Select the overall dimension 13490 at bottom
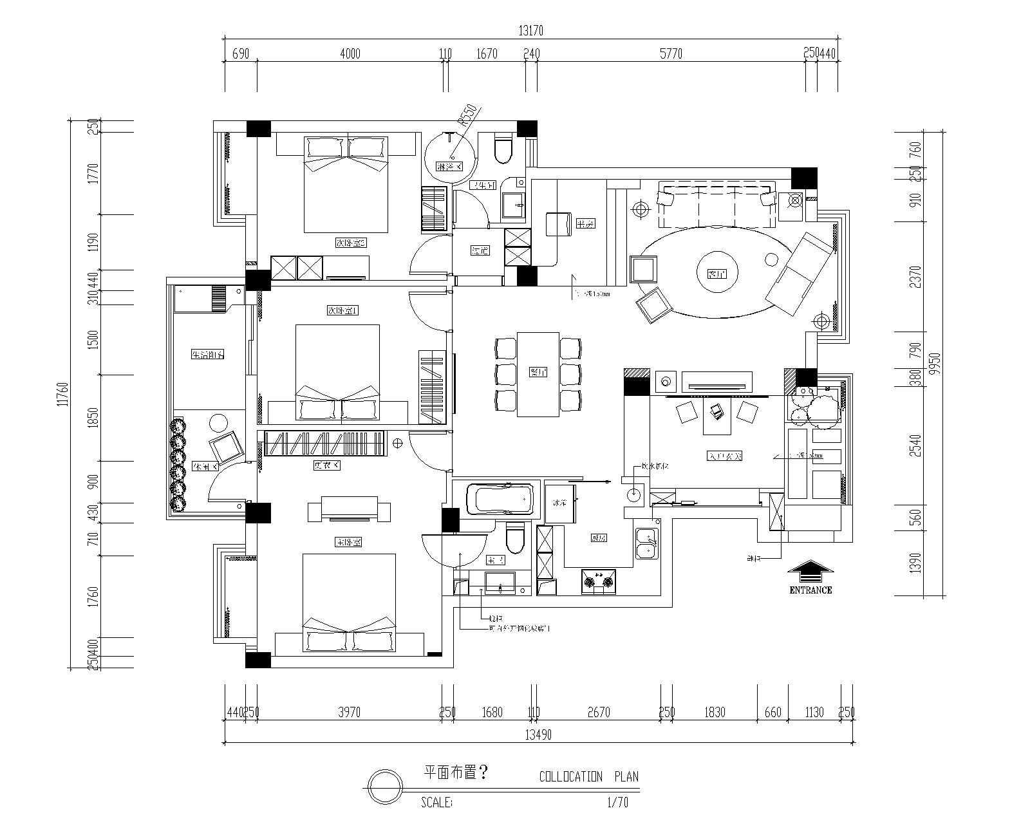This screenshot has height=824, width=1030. point(538,735)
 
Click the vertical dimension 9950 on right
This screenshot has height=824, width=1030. point(935,364)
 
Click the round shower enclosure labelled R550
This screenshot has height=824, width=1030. point(451,153)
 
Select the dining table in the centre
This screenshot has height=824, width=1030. point(538,374)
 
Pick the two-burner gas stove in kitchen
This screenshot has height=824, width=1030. point(599,582)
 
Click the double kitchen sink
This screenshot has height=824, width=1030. point(646,543)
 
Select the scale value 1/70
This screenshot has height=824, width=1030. point(617,803)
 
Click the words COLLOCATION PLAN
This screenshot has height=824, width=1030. point(588,777)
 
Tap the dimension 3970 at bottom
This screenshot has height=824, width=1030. point(349,712)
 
